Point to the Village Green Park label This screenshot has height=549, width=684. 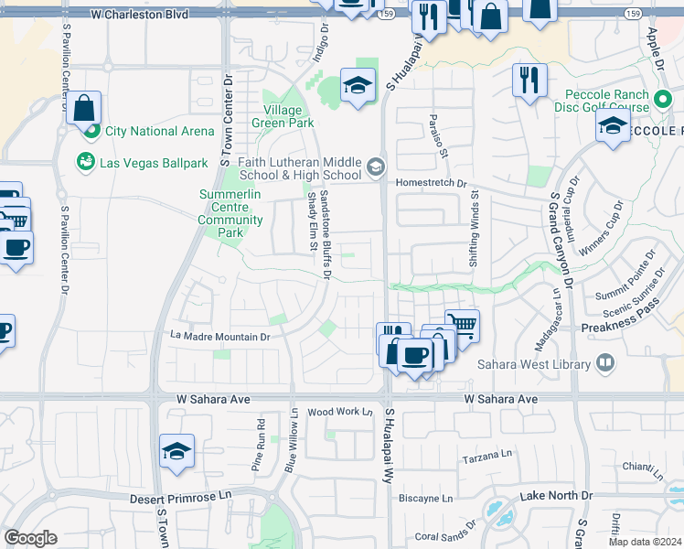(283, 116)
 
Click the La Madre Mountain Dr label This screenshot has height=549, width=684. (220, 337)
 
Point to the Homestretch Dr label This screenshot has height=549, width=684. (431, 182)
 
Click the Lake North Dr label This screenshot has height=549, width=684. (556, 495)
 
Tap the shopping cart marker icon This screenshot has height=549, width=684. (463, 326)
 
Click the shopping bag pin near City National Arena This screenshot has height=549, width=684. (83, 108)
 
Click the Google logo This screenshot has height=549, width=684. (30, 538)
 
